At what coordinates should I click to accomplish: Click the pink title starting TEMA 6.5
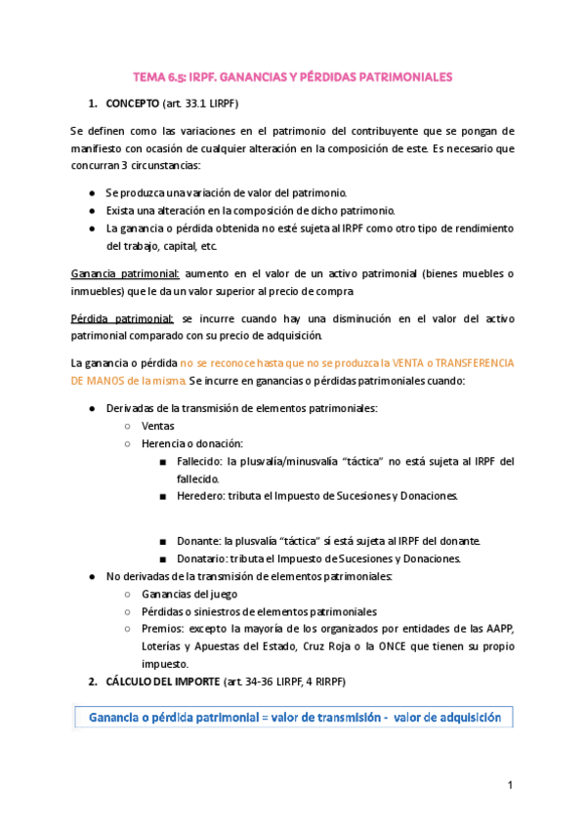(x=293, y=76)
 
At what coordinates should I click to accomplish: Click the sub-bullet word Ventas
(x=158, y=427)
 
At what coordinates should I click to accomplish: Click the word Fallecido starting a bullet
(x=200, y=462)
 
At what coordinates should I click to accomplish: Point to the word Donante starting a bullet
(x=198, y=541)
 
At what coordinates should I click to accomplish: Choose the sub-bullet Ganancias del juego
(x=189, y=594)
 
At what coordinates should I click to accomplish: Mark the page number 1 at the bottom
(x=509, y=786)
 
